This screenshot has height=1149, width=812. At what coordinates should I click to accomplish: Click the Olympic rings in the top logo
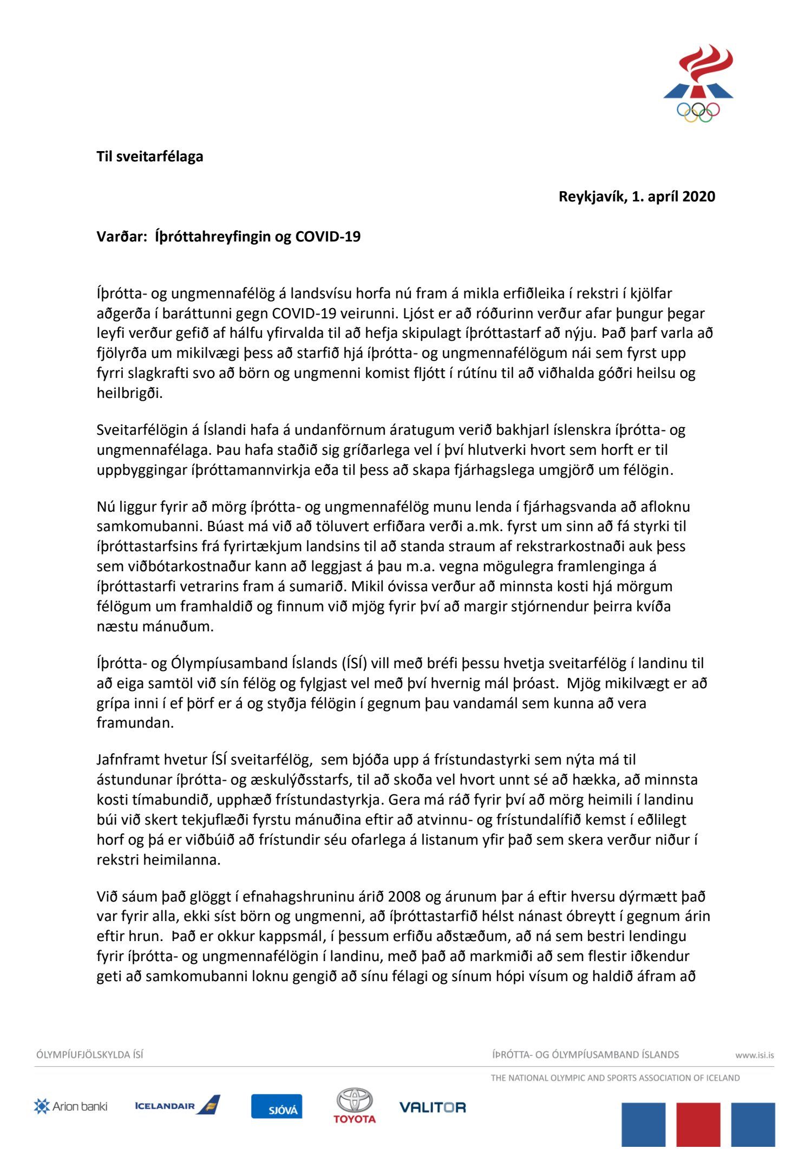coord(698,112)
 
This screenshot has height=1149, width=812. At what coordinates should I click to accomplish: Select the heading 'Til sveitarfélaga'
coord(150,156)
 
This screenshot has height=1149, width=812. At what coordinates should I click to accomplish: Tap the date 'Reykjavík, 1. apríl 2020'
coord(637,197)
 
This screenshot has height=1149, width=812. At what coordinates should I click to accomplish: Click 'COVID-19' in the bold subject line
coord(328,237)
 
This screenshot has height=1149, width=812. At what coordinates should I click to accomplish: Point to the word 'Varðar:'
coord(122,237)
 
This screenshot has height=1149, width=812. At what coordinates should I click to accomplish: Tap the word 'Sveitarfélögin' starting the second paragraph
coord(142,430)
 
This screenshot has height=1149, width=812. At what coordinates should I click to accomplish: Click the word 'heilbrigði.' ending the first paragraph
coord(129,393)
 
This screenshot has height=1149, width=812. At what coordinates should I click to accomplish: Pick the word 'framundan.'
coord(135,723)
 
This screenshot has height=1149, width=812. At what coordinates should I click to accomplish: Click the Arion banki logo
coord(70,1106)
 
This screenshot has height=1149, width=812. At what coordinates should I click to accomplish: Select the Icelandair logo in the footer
coord(177,1105)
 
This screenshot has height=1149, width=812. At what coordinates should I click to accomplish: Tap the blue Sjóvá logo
coord(277,1106)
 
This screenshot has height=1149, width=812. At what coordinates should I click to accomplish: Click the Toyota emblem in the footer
coord(355,1101)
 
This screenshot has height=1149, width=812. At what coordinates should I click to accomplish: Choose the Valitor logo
coord(433,1107)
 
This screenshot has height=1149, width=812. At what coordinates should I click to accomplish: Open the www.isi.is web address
coord(754,1055)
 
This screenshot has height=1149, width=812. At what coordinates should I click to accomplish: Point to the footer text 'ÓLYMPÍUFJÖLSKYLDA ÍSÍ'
coord(90,1055)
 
